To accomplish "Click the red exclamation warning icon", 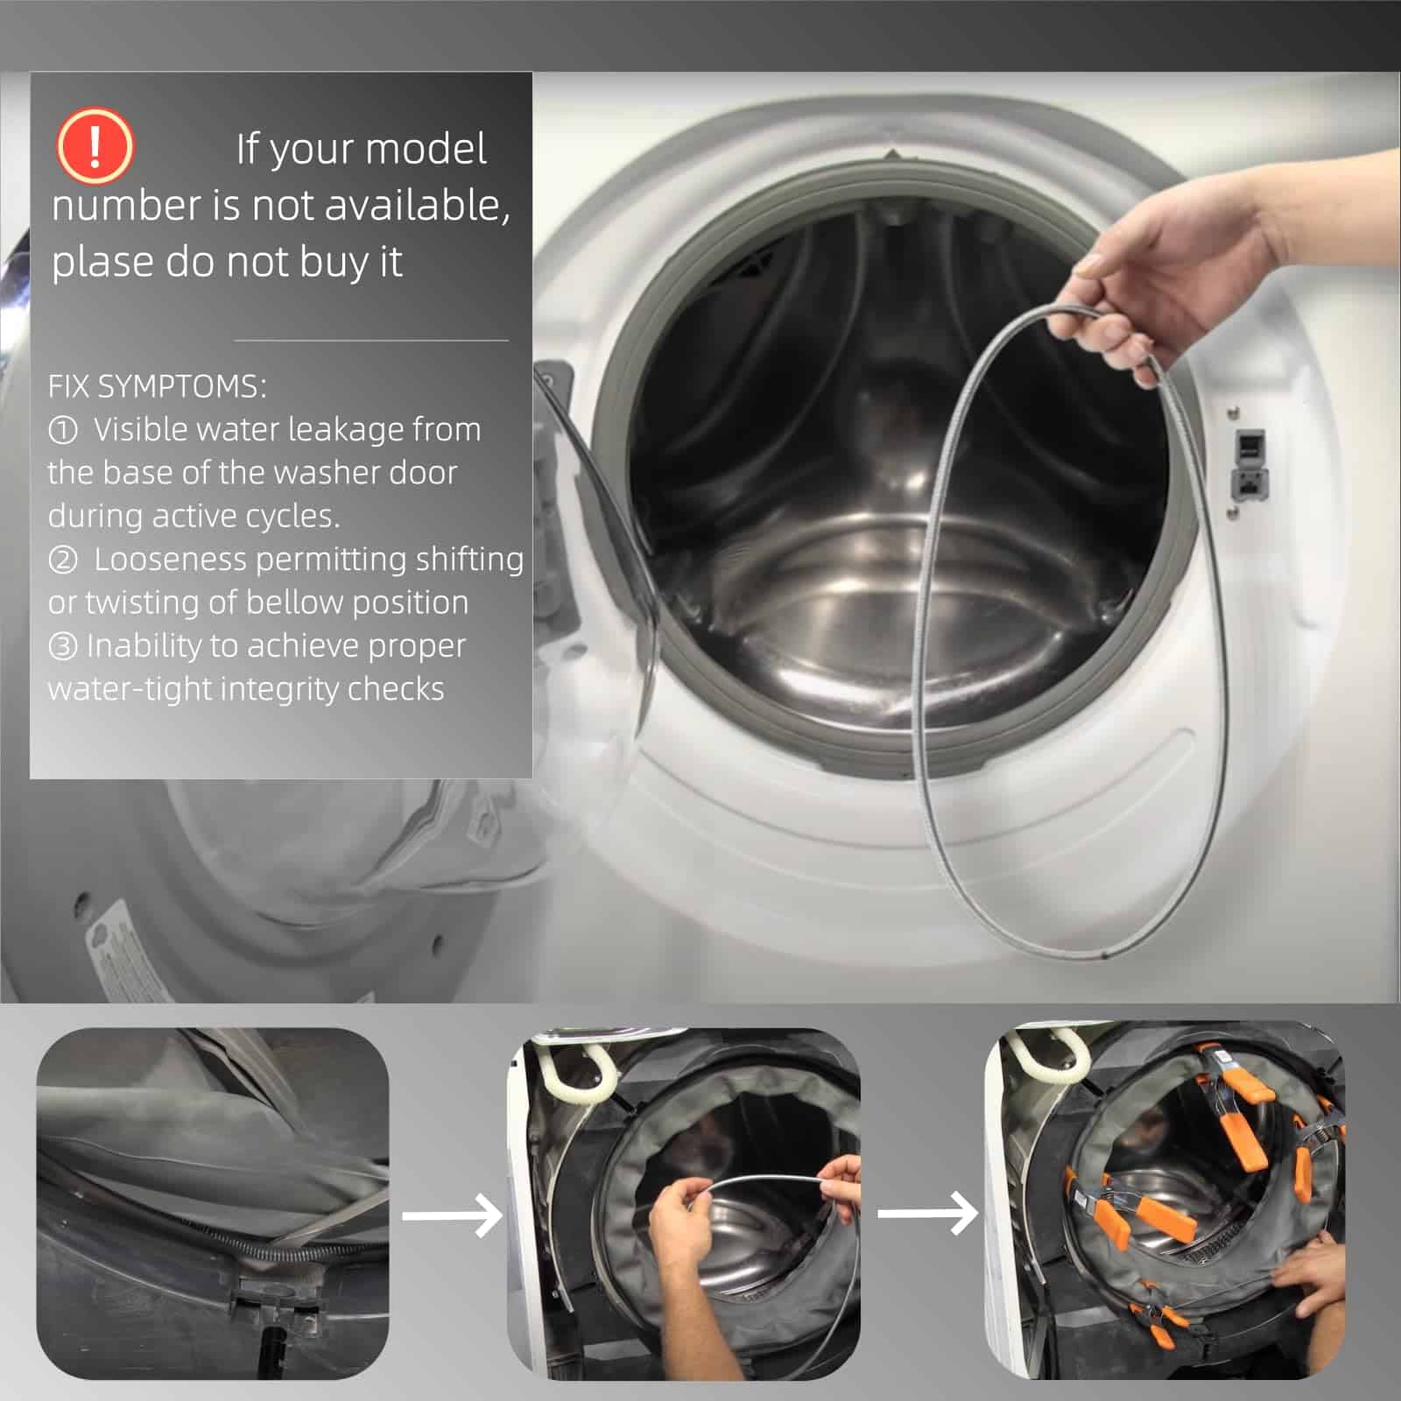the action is [x=95, y=145].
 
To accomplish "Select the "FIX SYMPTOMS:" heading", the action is [x=157, y=386].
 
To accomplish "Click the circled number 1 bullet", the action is [x=62, y=430].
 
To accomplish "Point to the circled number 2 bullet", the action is [x=62, y=560].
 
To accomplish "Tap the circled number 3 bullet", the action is [x=62, y=646].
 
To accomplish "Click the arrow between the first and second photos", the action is [x=452, y=1214].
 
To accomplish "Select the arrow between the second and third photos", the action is [x=927, y=1214].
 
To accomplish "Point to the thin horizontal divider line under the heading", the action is [x=371, y=340].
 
